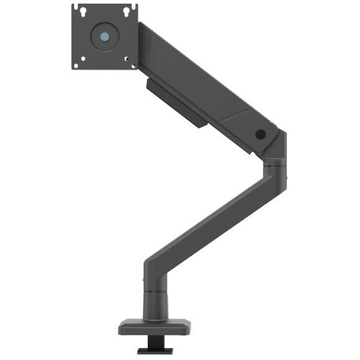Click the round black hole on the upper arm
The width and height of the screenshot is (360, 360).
(x=259, y=134)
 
